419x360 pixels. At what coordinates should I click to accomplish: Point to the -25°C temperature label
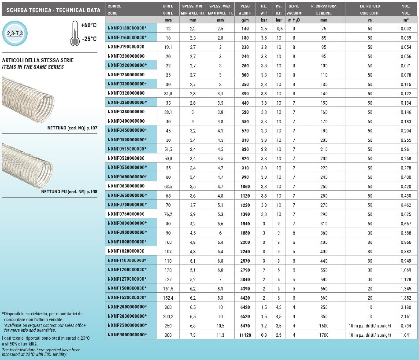coord(88,39)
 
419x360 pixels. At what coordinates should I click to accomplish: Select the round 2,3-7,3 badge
coord(15,33)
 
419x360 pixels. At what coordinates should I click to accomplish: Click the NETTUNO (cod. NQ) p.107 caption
coord(73,128)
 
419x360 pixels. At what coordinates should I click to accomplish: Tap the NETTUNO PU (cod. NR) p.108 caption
coord(70,191)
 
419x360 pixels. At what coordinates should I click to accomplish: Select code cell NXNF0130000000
coord(126,29)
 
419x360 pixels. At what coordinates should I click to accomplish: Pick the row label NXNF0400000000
coord(126,121)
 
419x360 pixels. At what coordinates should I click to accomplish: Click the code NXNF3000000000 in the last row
coord(126,335)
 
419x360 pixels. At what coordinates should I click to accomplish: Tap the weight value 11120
coord(245,335)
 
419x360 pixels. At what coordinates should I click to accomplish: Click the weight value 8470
coord(245,326)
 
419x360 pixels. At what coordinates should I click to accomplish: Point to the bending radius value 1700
coord(324,335)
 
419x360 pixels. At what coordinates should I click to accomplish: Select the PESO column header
coord(245,6)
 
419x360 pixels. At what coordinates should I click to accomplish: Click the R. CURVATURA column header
coord(324,6)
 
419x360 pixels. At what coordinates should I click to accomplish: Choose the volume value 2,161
coord(406,316)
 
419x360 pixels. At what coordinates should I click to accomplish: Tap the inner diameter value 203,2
coord(168,316)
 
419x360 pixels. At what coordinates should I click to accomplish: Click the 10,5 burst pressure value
coord(278,29)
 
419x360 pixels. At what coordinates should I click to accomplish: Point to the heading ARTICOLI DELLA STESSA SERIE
coord(38,60)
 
